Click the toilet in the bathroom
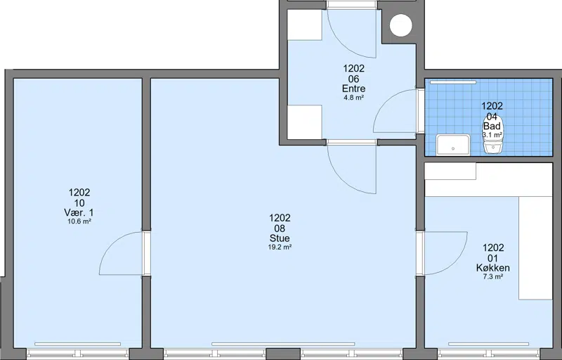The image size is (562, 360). point(493,134)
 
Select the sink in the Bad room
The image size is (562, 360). point(453,145)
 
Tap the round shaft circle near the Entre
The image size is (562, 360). point(400,25)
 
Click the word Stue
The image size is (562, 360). point(280,238)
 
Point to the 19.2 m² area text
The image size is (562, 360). point(280,247)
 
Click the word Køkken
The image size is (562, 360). point(493,267)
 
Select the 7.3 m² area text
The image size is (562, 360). point(493,276)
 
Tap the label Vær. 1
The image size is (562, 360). point(79,212)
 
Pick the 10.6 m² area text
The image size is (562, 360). point(79,221)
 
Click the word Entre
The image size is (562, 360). point(354,89)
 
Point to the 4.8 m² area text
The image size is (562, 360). point(354,97)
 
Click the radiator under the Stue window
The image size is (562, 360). point(283,345)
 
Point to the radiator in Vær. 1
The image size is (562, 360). point(77,345)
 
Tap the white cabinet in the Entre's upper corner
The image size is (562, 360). point(305,25)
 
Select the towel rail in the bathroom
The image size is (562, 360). point(453,82)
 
